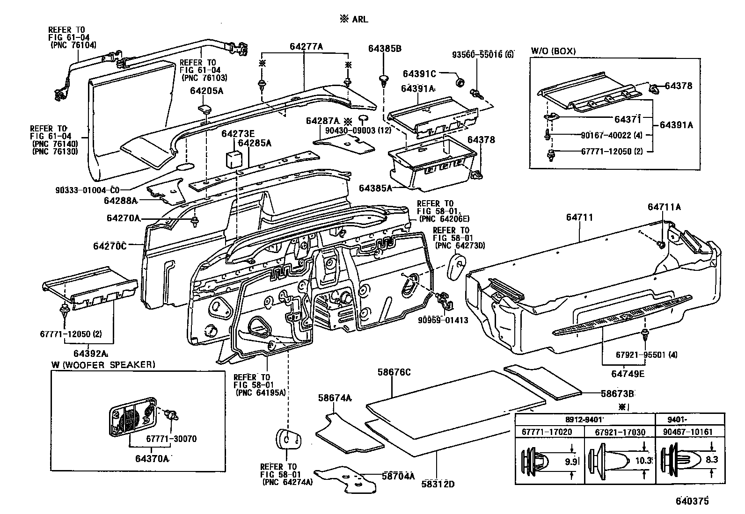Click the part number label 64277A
pyautogui.click(x=306, y=46)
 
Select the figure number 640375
pyautogui.click(x=692, y=501)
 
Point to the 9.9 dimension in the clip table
pyautogui.click(x=570, y=462)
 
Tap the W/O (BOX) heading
pyautogui.click(x=553, y=51)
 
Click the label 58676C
pyautogui.click(x=394, y=372)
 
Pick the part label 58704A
pyautogui.click(x=398, y=476)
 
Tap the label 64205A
pyautogui.click(x=206, y=91)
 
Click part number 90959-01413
pyautogui.click(x=443, y=320)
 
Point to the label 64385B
pyautogui.click(x=385, y=49)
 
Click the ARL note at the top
pyautogui.click(x=354, y=19)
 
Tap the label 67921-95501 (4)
pyautogui.click(x=646, y=354)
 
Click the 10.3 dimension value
pyautogui.click(x=643, y=461)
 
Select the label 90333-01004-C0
pyautogui.click(x=87, y=190)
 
